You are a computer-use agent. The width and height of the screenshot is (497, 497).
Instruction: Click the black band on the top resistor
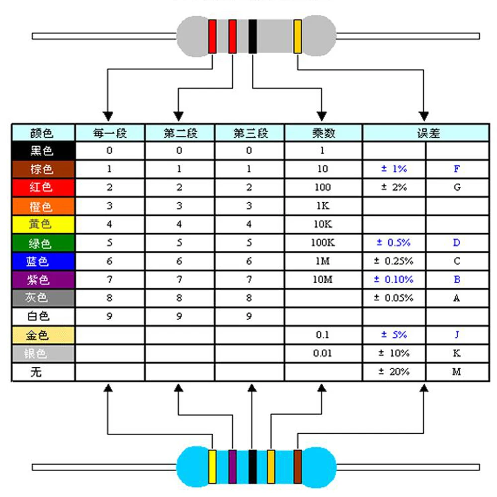[252, 36]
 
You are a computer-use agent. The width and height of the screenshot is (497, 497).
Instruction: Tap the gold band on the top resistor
[298, 36]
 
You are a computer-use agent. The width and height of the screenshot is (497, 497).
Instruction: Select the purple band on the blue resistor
[232, 466]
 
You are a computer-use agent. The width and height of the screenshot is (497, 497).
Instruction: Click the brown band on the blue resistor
[298, 466]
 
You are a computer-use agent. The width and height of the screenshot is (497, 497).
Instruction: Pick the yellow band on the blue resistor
[212, 466]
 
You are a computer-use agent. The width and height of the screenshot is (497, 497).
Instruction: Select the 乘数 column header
[323, 133]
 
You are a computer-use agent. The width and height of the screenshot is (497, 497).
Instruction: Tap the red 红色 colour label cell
[43, 187]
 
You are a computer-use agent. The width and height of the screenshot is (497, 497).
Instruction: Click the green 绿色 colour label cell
[43, 243]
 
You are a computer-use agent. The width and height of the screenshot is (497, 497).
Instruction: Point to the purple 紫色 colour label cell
[43, 280]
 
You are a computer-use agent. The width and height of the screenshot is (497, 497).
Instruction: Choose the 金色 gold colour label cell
[43, 335]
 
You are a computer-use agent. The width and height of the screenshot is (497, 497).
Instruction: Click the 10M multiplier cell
[323, 280]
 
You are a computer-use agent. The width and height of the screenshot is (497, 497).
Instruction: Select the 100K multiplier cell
[323, 243]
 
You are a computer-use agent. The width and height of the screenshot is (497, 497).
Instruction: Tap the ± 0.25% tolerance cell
[394, 261]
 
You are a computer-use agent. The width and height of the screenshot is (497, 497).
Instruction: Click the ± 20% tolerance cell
[394, 372]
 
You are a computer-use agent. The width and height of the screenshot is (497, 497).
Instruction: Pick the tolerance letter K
[457, 353]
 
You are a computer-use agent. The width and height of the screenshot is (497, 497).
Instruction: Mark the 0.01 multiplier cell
[323, 353]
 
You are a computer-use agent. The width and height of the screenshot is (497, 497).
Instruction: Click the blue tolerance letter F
[457, 169]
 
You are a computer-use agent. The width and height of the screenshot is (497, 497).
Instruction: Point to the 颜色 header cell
[43, 133]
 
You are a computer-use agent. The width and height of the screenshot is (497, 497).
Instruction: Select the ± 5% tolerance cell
[394, 335]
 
